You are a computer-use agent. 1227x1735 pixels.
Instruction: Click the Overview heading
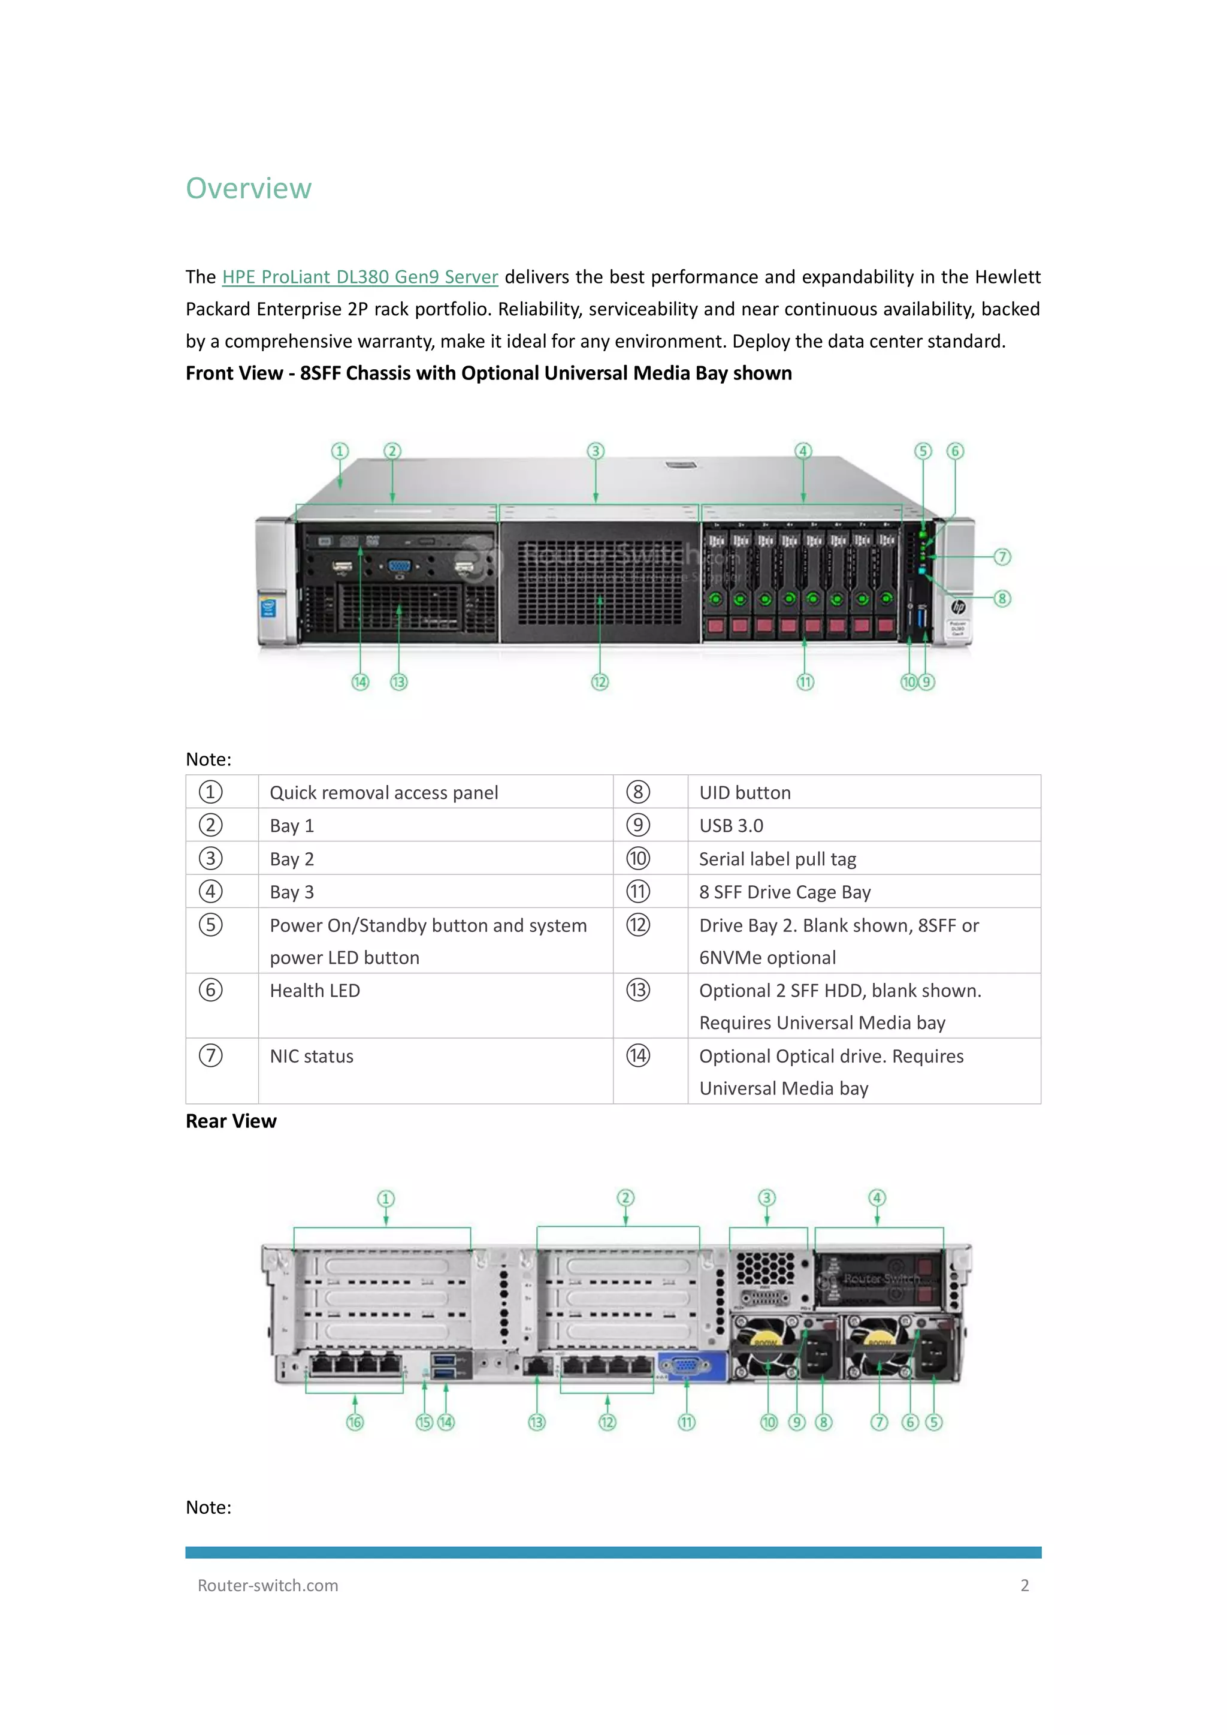(249, 188)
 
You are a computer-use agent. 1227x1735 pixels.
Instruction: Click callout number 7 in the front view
(1002, 557)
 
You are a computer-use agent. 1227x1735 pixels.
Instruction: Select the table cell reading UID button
(744, 793)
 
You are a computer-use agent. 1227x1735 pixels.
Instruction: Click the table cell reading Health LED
(315, 991)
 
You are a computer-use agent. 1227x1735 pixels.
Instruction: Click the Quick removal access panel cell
(384, 793)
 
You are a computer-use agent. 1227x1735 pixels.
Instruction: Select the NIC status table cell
(312, 1057)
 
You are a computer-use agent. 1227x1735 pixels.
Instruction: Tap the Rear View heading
(231, 1121)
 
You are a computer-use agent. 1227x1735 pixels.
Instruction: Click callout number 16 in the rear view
(354, 1422)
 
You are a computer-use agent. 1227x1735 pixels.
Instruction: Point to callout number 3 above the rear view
(766, 1199)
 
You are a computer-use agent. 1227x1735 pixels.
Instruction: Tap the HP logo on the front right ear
(957, 607)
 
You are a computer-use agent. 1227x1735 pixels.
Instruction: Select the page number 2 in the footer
(1024, 1585)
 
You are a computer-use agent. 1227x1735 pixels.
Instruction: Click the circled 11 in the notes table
(637, 892)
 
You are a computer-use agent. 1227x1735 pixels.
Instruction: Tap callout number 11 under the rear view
(686, 1422)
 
